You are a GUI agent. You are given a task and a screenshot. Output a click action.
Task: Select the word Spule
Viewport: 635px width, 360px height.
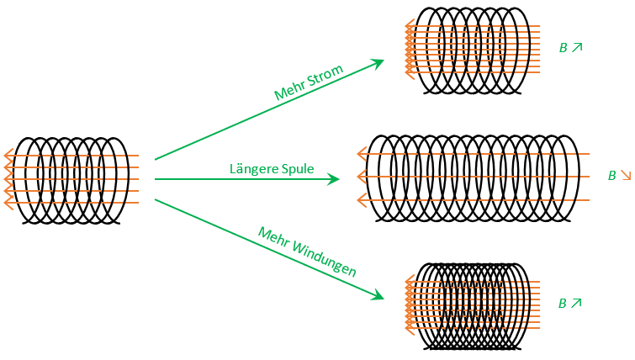[297, 169]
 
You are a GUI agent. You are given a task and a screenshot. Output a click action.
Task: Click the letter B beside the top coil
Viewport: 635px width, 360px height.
[564, 48]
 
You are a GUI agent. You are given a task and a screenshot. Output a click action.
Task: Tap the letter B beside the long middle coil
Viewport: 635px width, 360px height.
[612, 177]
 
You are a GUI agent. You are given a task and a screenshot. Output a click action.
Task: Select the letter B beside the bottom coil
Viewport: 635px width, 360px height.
[564, 304]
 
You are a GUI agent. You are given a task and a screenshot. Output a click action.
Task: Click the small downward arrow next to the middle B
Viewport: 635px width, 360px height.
[625, 177]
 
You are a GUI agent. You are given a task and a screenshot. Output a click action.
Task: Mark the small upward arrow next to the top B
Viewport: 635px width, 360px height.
[577, 48]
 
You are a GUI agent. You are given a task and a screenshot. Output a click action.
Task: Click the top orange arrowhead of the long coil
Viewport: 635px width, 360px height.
[362, 154]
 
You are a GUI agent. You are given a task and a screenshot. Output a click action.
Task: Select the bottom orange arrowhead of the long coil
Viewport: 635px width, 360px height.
[362, 200]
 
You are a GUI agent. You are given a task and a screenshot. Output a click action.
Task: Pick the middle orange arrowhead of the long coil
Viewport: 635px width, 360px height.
[362, 177]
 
